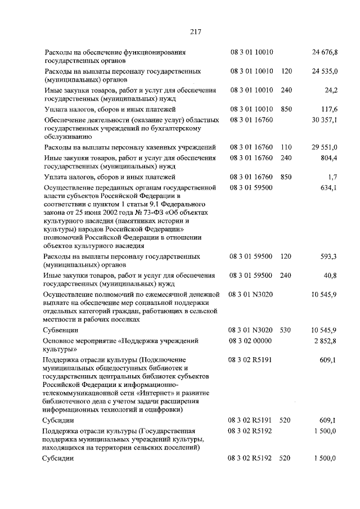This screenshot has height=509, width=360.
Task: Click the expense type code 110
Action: tap(286, 147)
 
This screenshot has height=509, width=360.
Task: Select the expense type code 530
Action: tap(286, 330)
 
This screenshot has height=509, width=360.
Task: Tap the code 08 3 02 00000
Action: tap(250, 341)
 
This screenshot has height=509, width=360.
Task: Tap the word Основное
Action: tap(60, 341)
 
